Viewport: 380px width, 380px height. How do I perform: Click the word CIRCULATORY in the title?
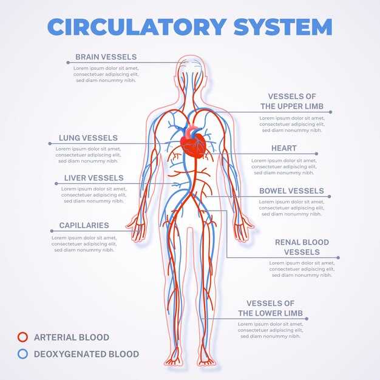(137, 27)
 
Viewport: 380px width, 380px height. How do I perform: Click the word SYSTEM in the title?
(283, 27)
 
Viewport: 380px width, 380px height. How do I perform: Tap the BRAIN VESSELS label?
(106, 57)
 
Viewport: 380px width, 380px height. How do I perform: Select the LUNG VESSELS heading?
(88, 138)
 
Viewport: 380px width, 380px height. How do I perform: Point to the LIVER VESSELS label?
(94, 178)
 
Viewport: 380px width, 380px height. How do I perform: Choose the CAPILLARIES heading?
(84, 225)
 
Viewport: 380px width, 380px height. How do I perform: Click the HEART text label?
(284, 148)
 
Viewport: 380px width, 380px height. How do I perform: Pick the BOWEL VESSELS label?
(291, 191)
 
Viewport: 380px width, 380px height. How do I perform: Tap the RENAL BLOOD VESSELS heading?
(302, 247)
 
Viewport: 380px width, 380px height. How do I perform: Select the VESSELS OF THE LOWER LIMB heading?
(271, 308)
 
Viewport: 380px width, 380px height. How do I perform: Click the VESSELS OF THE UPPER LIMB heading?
(292, 101)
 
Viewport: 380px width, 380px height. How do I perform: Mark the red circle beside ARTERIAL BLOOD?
(23, 337)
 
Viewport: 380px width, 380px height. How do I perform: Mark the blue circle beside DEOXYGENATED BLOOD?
(23, 354)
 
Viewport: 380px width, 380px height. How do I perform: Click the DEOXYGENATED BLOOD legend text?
(87, 354)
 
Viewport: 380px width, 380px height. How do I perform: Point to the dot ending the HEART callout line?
(316, 154)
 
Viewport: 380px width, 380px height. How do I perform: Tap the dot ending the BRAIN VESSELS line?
(68, 63)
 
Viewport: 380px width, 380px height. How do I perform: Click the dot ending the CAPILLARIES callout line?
(52, 231)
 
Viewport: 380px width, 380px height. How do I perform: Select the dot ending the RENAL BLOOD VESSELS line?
(338, 257)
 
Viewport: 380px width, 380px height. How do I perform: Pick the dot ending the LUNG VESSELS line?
(50, 143)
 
